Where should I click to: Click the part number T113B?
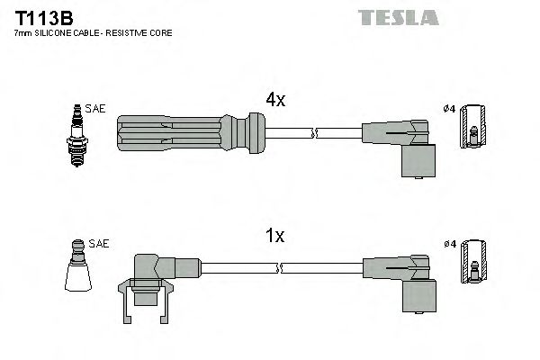pyautogui.click(x=35, y=17)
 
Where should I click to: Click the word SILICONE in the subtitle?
pyautogui.click(x=60, y=33)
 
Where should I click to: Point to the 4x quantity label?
pyautogui.click(x=274, y=101)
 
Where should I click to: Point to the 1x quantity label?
pyautogui.click(x=274, y=236)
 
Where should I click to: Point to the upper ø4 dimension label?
pyautogui.click(x=450, y=110)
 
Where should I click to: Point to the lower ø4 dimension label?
pyautogui.click(x=450, y=244)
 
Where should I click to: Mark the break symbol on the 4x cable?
pyautogui.click(x=314, y=133)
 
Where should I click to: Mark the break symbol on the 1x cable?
pyautogui.click(x=282, y=267)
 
